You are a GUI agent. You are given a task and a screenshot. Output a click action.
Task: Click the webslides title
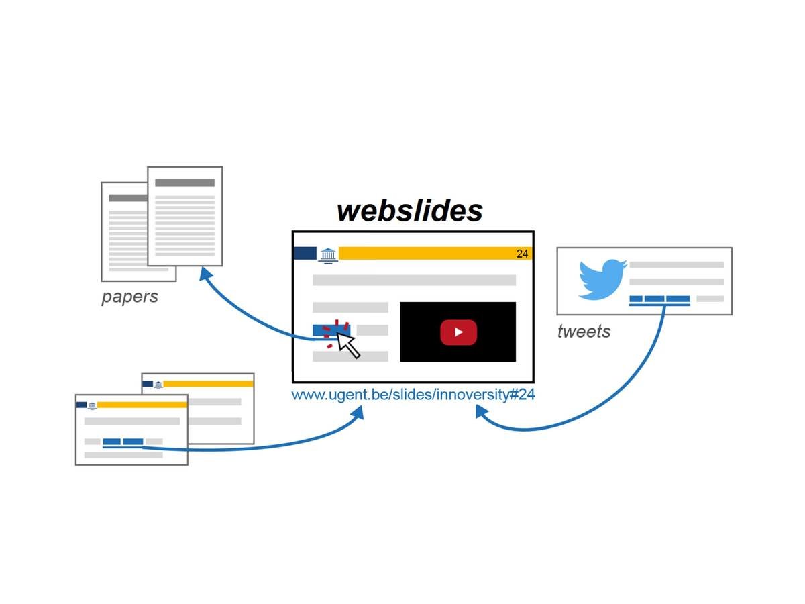point(409,210)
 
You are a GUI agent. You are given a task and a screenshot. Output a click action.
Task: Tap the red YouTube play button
point(458,332)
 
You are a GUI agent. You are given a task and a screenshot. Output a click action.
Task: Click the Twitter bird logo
point(602,279)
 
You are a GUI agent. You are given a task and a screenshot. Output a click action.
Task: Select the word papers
point(129,297)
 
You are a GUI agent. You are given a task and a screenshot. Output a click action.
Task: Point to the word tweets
point(584,331)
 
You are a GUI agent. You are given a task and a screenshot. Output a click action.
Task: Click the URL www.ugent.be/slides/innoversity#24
point(413,395)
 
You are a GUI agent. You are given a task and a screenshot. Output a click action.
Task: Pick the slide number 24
point(523,254)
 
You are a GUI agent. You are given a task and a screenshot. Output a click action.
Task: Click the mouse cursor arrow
point(347,344)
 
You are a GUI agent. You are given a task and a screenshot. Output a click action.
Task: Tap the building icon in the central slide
point(328,254)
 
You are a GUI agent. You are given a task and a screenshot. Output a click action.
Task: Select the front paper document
point(184,216)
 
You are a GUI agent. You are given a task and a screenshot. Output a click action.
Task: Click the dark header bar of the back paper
point(127,198)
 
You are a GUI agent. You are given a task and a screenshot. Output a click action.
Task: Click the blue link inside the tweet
point(659,299)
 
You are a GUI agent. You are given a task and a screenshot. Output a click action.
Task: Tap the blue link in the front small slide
point(123,442)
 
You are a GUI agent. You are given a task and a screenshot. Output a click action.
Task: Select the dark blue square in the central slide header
point(305,253)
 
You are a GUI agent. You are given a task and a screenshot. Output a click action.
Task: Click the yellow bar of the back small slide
point(208,383)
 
